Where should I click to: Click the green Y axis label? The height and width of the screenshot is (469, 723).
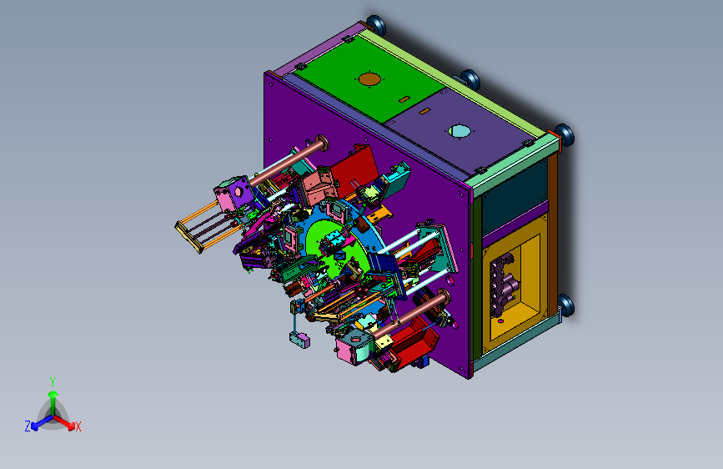pos(53,382)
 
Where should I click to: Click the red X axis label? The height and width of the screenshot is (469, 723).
pos(78,427)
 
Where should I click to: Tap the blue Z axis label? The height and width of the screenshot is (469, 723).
pos(28,426)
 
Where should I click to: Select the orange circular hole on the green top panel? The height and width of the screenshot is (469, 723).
pos(369,79)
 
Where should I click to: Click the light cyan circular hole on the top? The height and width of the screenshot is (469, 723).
pos(459,131)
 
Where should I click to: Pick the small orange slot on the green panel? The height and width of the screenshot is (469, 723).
pos(404,99)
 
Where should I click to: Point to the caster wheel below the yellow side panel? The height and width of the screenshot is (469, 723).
pos(565,305)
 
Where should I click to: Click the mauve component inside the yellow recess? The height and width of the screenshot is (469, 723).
pos(503,285)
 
